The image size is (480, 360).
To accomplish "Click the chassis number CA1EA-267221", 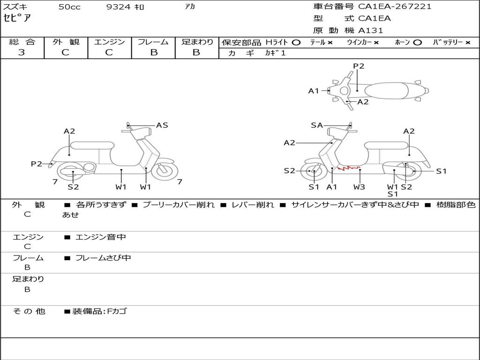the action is pyautogui.click(x=395, y=7).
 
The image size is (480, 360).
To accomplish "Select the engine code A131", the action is pyautogui.click(x=371, y=30).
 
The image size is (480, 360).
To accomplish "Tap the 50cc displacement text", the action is pyautogui.click(x=69, y=7).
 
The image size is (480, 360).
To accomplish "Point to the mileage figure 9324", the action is pyautogui.click(x=118, y=7).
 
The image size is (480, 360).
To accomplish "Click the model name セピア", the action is pyautogui.click(x=17, y=18).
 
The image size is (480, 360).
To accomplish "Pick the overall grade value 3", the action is pyautogui.click(x=22, y=52).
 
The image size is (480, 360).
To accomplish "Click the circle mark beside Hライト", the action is pyautogui.click(x=296, y=43).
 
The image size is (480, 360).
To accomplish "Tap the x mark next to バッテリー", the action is pyautogui.click(x=468, y=43).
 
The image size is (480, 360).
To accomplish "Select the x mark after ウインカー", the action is pyautogui.click(x=376, y=43).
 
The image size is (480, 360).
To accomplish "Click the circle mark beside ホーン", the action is pyautogui.click(x=417, y=43).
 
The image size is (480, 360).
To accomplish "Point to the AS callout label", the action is pyautogui.click(x=162, y=125).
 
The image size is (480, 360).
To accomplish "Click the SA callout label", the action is pyautogui.click(x=317, y=125).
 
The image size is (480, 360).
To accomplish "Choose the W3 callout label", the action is pyautogui.click(x=359, y=187).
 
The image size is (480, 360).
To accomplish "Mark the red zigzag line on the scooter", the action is pyautogui.click(x=348, y=168).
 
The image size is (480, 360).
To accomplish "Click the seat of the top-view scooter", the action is pyautogui.click(x=386, y=91).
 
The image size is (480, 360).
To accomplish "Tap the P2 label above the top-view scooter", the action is pyautogui.click(x=359, y=66).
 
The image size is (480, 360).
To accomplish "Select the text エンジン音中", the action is pyautogui.click(x=101, y=237).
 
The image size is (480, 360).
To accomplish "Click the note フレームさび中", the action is pyautogui.click(x=103, y=258).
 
